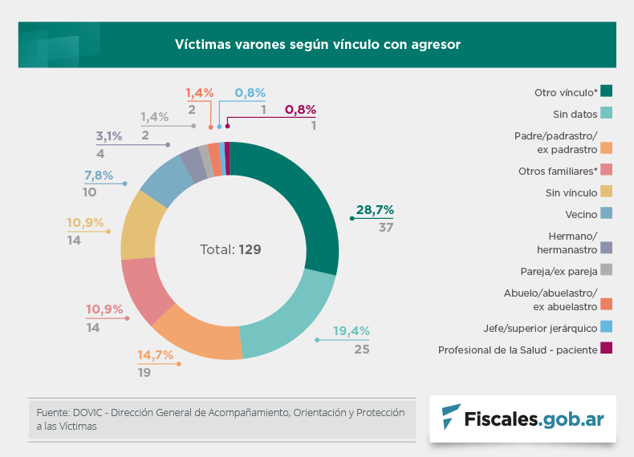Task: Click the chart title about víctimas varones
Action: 318,44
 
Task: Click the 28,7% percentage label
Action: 375,210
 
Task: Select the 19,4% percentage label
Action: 352,331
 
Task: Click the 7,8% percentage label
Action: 99,176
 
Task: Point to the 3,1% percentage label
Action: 109,136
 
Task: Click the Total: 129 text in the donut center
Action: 230,249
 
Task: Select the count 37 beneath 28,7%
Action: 385,227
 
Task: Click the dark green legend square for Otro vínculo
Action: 607,91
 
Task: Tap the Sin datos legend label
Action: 575,115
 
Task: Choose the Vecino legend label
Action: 580,214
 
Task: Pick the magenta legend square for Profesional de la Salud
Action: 607,349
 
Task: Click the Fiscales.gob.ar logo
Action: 522,417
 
